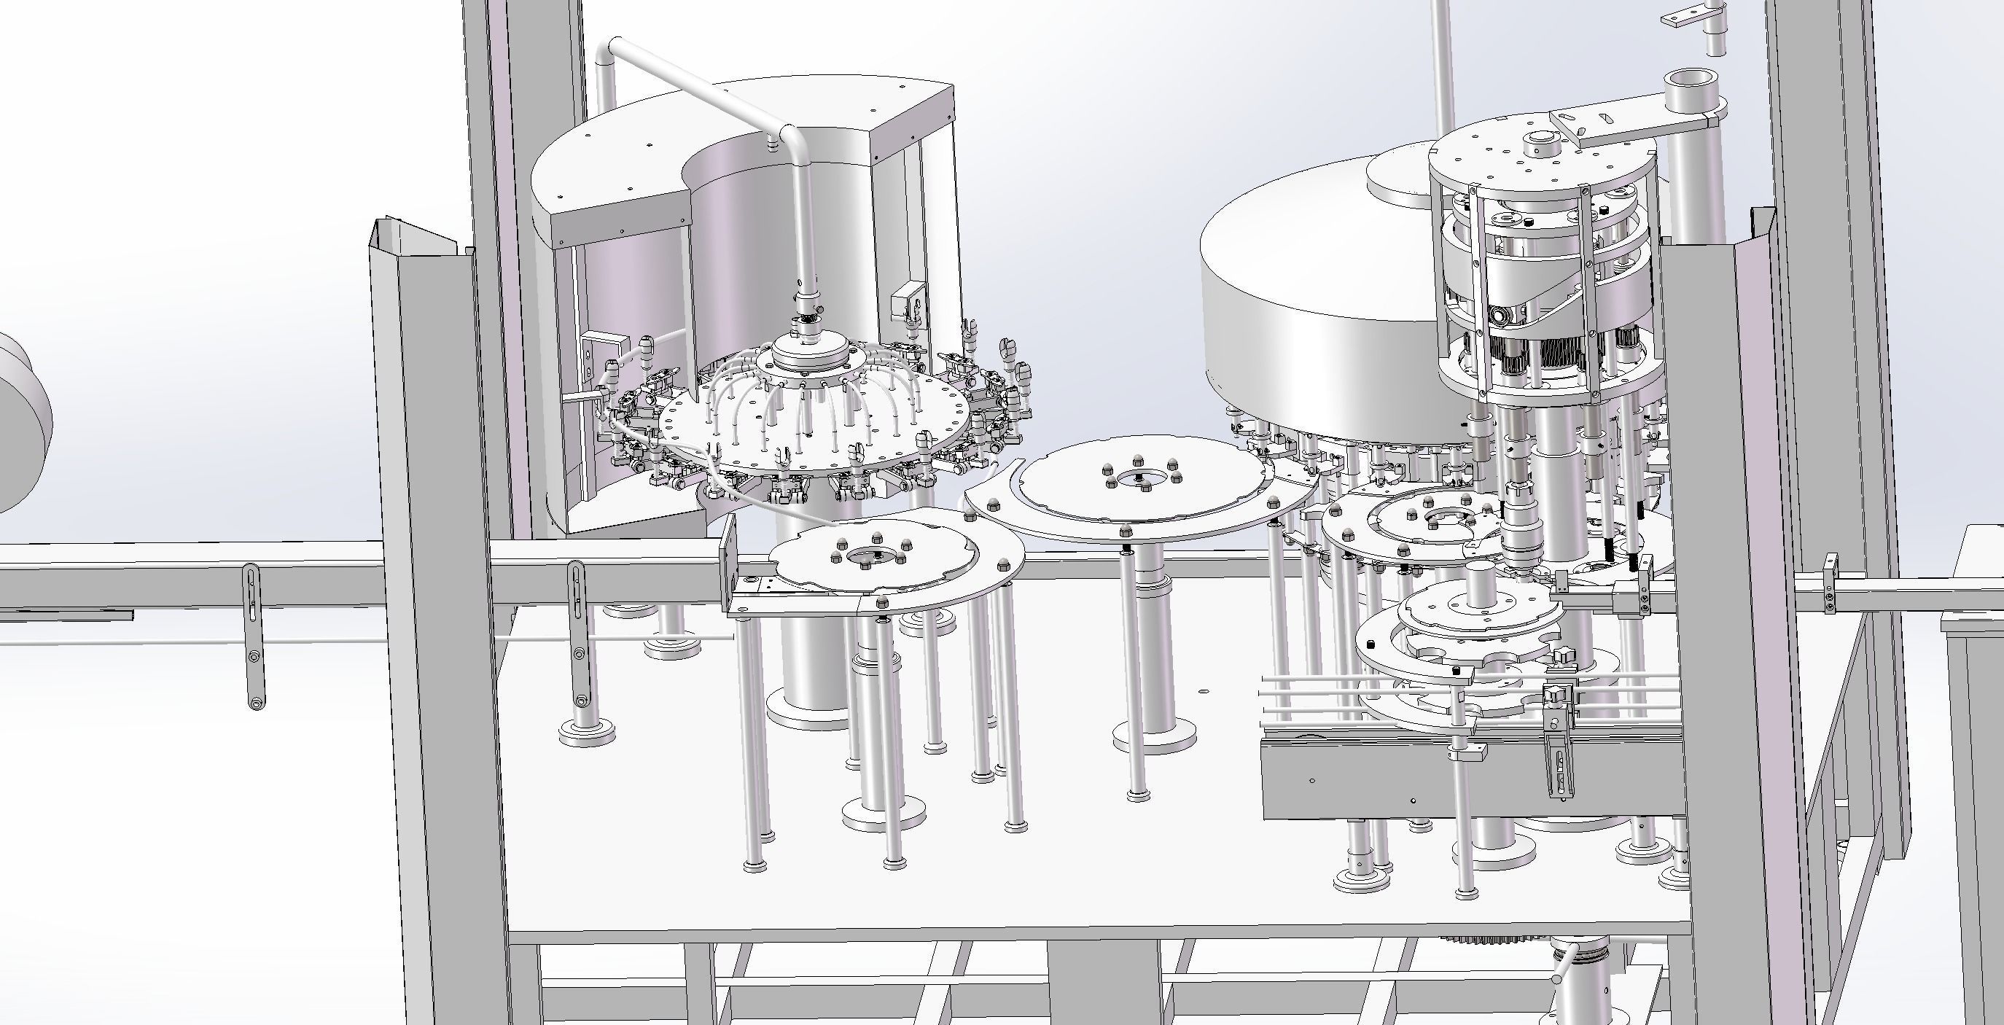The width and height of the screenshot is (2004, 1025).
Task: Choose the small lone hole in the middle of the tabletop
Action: coord(1203,690)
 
